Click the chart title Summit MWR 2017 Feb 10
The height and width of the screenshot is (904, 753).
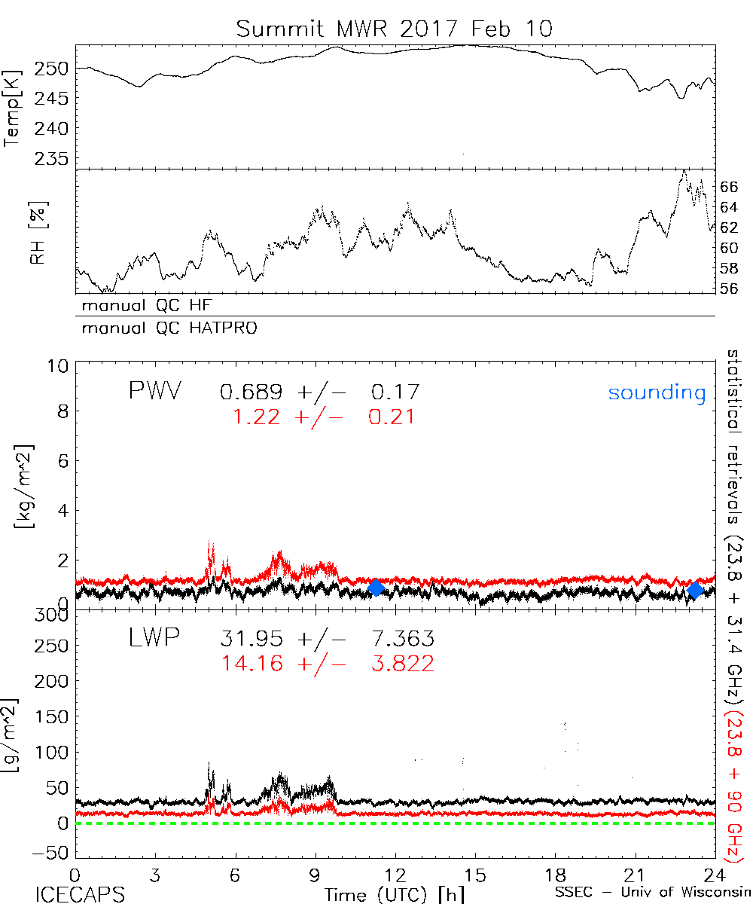click(395, 29)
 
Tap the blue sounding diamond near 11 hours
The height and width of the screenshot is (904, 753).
click(376, 588)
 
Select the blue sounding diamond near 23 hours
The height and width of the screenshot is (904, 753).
click(696, 590)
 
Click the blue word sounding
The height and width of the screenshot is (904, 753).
click(657, 392)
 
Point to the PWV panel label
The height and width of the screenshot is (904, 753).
click(154, 392)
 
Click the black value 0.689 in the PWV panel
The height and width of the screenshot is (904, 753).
click(252, 392)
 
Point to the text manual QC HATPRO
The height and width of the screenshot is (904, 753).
click(163, 328)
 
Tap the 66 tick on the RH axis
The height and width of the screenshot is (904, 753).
click(730, 187)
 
